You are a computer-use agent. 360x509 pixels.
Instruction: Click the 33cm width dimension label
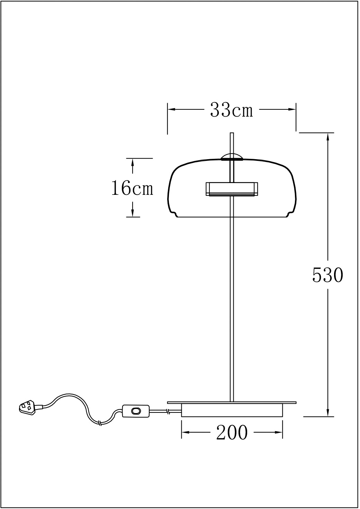(x=231, y=110)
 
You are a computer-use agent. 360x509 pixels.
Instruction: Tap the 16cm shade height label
(x=132, y=188)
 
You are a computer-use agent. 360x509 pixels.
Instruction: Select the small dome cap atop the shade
(x=232, y=157)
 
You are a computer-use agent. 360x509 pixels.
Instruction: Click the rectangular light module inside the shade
(x=232, y=189)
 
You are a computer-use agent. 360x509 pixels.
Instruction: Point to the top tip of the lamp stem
(x=232, y=133)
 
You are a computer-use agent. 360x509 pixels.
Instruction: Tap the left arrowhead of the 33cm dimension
(x=171, y=109)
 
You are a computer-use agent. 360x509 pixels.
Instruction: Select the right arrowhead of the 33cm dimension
(x=292, y=109)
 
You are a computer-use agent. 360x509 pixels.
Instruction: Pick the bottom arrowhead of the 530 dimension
(x=328, y=413)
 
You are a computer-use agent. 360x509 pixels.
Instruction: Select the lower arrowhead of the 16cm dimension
(x=132, y=213)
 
